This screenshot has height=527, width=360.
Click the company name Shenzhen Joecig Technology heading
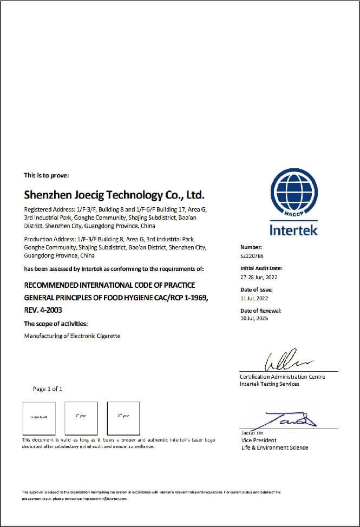coord(114,194)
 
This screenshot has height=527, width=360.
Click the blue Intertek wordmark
coord(294,230)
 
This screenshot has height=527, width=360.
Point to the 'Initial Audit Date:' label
coord(261,268)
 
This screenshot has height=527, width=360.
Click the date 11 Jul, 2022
coord(254,298)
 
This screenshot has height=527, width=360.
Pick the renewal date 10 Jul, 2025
coord(254,318)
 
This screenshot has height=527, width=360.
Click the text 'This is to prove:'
coord(46,175)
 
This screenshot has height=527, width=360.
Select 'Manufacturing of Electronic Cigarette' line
coord(73,336)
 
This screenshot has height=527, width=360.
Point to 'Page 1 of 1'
coord(48,388)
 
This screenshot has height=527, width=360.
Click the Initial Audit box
coord(38,418)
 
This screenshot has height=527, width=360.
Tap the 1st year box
coord(81,418)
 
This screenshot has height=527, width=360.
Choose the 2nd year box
coord(123,418)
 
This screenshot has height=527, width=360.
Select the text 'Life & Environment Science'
coord(274,447)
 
